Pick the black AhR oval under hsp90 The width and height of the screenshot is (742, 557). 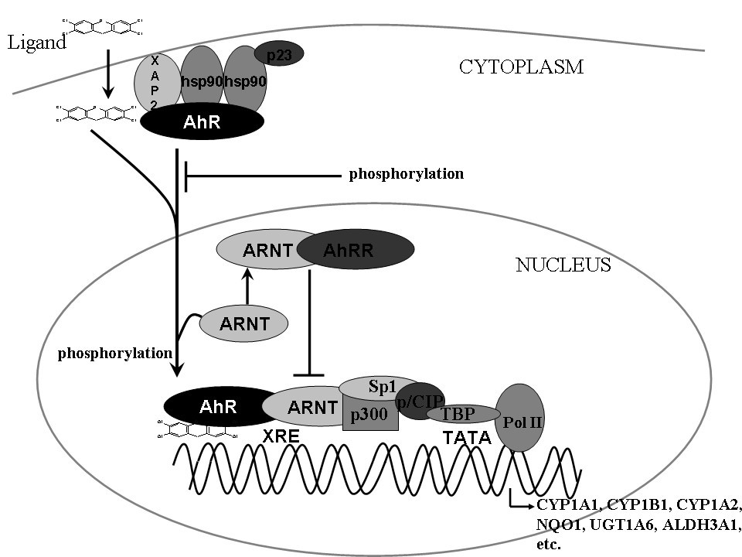(202, 123)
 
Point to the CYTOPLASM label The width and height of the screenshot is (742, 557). (521, 67)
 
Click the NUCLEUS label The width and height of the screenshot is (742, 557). (563, 265)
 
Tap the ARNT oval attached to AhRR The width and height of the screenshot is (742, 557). (259, 249)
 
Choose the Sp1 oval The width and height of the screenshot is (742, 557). (380, 386)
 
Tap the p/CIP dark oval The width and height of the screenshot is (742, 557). (421, 399)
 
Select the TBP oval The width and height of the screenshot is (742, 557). (462, 413)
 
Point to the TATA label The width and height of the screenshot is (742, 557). (467, 438)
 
